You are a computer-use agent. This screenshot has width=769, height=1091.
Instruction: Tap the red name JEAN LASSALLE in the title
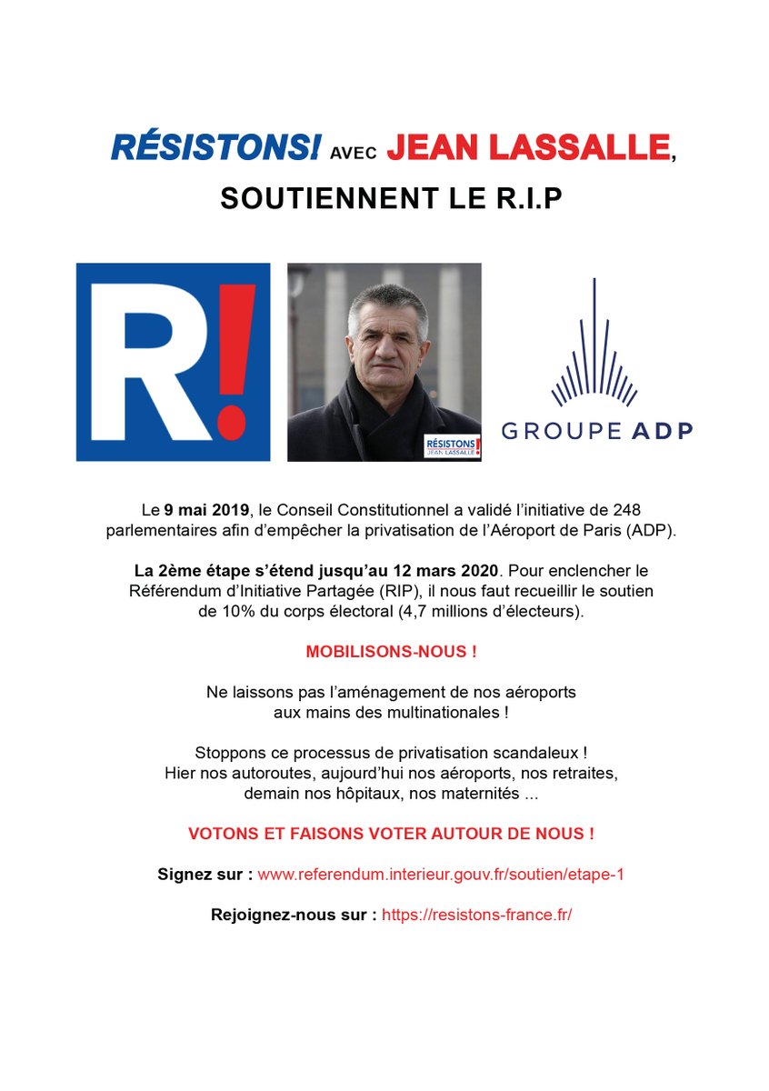click(528, 148)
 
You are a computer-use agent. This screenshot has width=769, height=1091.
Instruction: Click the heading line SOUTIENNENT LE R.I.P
click(391, 200)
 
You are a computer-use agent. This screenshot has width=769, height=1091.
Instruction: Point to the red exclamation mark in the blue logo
click(232, 364)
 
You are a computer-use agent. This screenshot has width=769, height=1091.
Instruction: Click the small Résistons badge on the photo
click(452, 445)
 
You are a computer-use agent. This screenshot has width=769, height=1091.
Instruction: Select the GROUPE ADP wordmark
click(596, 430)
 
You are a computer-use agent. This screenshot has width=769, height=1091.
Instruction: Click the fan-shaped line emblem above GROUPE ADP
click(594, 350)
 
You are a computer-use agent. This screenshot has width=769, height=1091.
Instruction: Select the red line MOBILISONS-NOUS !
click(391, 652)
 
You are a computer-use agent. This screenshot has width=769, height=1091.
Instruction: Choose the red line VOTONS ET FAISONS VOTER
click(391, 833)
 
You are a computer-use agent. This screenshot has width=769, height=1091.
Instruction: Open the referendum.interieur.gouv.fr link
click(440, 874)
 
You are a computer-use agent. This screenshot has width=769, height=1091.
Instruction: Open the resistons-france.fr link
click(476, 915)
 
